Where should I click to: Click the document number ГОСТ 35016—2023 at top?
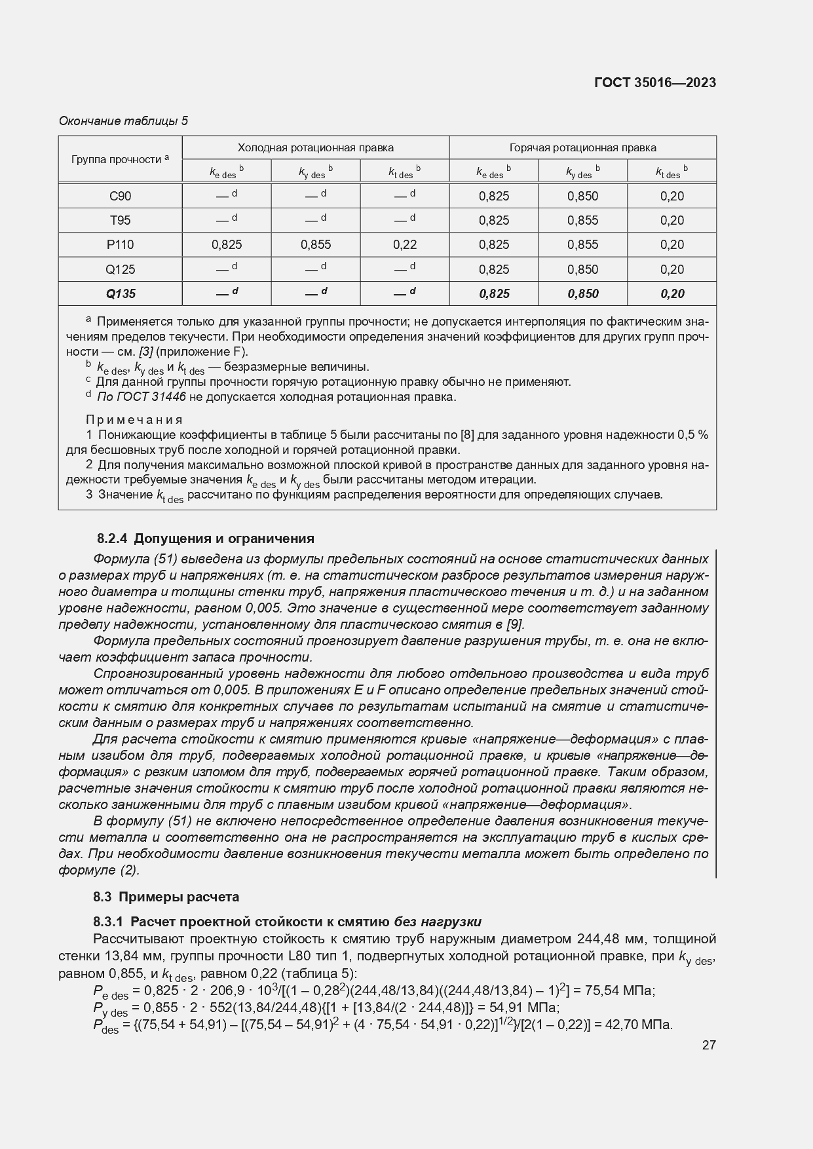[x=654, y=83]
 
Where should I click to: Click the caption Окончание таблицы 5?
[x=123, y=121]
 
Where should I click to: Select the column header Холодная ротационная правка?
[x=315, y=148]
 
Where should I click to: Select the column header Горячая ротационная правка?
[x=582, y=148]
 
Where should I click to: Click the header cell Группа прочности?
[x=120, y=159]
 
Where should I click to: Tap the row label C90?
[x=120, y=196]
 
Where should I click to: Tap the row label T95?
[x=120, y=221]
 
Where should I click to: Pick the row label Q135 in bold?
[x=121, y=294]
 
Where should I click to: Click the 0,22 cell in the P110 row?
[x=405, y=245]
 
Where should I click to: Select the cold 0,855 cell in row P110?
[x=316, y=245]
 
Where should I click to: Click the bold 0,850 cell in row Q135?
[x=583, y=294]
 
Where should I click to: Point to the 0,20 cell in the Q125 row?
[x=672, y=270]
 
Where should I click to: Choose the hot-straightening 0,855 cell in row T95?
[x=583, y=221]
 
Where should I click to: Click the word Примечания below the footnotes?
[x=134, y=420]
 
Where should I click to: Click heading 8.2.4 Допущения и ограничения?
[x=205, y=538]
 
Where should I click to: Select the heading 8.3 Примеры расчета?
[x=166, y=897]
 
